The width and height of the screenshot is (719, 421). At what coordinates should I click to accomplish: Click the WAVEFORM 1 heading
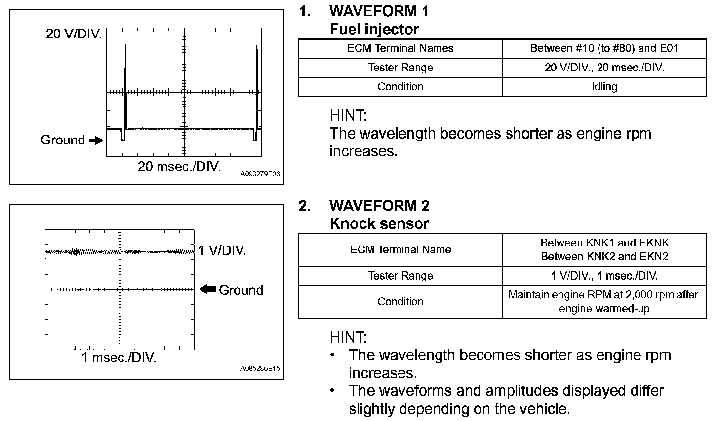379,11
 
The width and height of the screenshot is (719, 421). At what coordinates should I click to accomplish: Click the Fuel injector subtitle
374,29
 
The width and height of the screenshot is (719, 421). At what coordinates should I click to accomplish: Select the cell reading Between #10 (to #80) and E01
604,48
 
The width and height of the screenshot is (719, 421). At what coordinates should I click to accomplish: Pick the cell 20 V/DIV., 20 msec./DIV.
604,68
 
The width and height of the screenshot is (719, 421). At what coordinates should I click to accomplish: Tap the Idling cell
604,87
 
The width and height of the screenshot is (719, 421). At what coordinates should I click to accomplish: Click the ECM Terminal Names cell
400,48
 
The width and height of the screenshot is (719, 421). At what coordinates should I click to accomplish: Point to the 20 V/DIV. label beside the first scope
74,34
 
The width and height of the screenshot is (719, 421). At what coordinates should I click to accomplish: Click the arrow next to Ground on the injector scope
96,141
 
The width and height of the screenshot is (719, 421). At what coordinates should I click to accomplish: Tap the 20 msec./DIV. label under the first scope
179,166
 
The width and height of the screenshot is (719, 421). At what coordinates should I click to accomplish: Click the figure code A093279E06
260,174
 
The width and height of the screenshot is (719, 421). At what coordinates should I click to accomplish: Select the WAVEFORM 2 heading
379,206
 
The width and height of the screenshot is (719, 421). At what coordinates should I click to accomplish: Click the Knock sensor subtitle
379,224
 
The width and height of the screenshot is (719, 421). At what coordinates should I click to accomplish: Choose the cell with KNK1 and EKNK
604,249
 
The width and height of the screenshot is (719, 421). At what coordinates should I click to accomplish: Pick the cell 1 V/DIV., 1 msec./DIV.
604,276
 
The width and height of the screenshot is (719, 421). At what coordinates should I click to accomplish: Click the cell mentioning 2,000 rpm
604,302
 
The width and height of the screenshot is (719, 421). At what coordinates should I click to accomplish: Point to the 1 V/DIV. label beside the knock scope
222,250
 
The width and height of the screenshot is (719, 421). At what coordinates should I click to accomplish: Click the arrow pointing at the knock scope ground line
207,290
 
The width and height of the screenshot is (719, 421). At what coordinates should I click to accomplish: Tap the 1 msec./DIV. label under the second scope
119,358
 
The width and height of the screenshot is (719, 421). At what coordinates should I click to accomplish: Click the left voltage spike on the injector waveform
125,84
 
